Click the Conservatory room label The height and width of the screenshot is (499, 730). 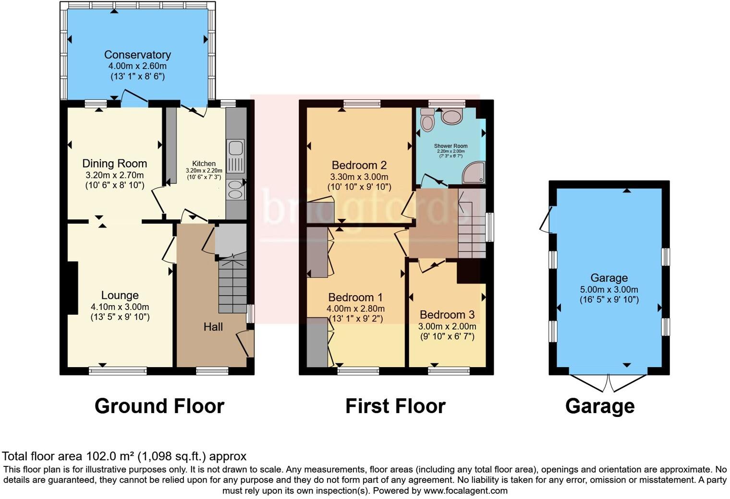pyautogui.click(x=137, y=55)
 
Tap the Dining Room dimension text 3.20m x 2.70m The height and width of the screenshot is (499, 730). pyautogui.click(x=114, y=175)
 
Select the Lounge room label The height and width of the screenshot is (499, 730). pyautogui.click(x=120, y=296)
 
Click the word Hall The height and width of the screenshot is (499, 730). pyautogui.click(x=213, y=327)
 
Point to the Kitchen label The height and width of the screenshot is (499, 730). pyautogui.click(x=204, y=164)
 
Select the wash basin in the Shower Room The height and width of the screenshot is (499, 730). pyautogui.click(x=451, y=116)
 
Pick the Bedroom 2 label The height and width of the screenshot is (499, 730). pyautogui.click(x=359, y=166)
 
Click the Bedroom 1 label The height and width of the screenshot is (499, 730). pyautogui.click(x=355, y=297)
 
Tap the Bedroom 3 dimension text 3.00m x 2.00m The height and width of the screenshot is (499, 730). pyautogui.click(x=447, y=326)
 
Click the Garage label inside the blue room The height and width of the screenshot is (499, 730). pyautogui.click(x=608, y=278)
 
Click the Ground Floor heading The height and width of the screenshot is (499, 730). pyautogui.click(x=159, y=406)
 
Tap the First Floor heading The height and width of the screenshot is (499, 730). pyautogui.click(x=395, y=406)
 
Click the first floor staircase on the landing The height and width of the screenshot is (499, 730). pyautogui.click(x=472, y=223)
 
